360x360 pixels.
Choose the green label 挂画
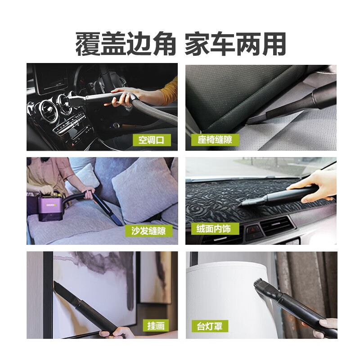pyautogui.click(x=155, y=325)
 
